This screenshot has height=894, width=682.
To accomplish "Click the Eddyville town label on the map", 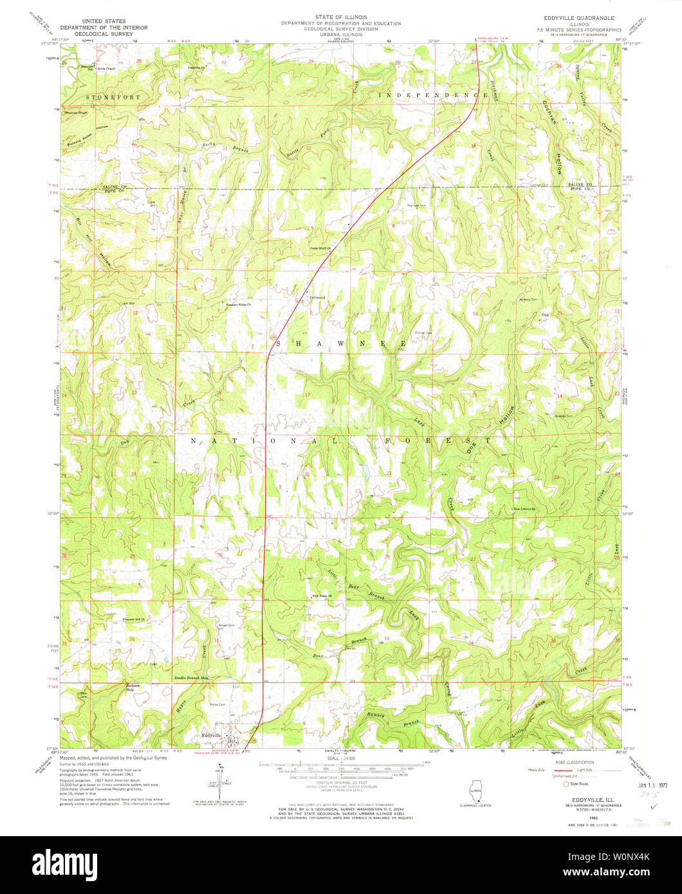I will click(211, 735).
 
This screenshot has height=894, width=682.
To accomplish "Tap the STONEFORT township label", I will click(113, 96).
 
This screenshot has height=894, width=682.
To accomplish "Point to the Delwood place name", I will click(317, 297).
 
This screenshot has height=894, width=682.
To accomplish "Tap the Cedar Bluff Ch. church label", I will click(320, 248).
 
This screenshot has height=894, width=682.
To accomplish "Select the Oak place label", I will click(545, 315).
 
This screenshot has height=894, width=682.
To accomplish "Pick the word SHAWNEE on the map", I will click(341, 343).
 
